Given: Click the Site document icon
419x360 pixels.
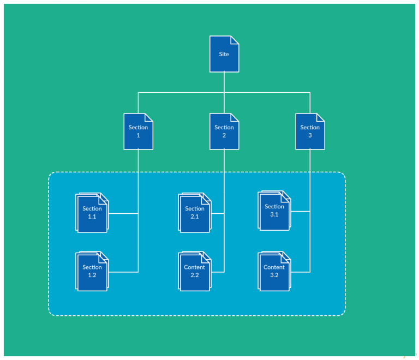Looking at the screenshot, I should click(x=224, y=54).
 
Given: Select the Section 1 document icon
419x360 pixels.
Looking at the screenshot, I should click(x=138, y=131).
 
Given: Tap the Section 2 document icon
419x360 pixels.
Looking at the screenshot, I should click(x=224, y=131).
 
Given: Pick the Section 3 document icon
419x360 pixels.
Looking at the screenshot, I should click(x=310, y=131).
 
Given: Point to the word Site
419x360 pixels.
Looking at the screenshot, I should click(x=224, y=54).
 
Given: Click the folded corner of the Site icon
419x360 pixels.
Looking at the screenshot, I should click(x=235, y=40).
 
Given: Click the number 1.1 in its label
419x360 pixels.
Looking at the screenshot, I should click(x=92, y=217).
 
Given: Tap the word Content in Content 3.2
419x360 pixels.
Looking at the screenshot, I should click(x=274, y=267).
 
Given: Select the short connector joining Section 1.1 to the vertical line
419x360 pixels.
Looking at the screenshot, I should click(x=123, y=213).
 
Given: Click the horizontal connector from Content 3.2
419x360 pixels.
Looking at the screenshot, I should click(x=300, y=272).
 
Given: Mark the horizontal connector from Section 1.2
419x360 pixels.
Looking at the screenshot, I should click(x=123, y=272).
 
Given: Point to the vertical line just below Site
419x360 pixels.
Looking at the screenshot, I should click(x=224, y=82).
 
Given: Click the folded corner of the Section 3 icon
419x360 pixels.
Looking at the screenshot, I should click(x=321, y=117).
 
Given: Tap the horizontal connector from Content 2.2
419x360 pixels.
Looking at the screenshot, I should click(x=218, y=272).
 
